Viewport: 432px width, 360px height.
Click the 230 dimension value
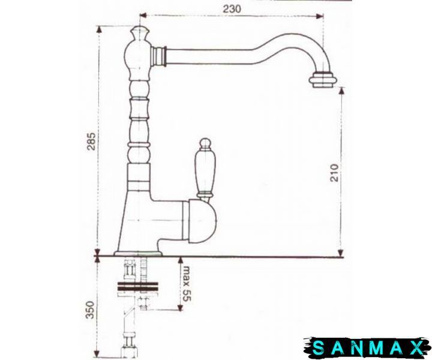click(232, 9)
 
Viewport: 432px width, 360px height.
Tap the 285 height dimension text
click(91, 142)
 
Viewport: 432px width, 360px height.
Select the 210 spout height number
click(334, 173)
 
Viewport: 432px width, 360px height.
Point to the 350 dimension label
click(90, 310)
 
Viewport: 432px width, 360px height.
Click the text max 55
click(187, 284)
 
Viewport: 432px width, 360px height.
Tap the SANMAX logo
click(367, 347)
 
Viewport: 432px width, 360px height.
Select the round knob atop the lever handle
click(205, 143)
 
